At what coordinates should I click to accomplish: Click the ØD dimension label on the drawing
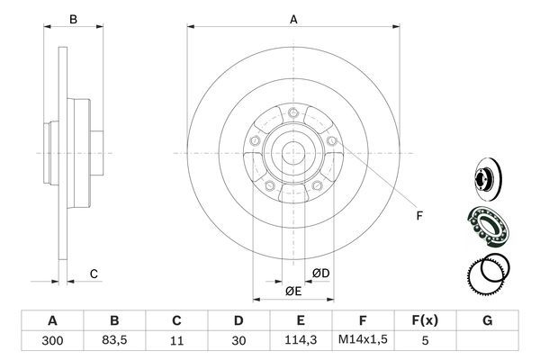(x=320, y=273)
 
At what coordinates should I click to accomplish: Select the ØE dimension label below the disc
(x=292, y=292)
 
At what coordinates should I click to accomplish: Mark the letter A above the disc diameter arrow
(x=292, y=17)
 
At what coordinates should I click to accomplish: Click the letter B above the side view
(x=75, y=18)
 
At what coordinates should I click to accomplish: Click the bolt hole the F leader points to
(x=332, y=141)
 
